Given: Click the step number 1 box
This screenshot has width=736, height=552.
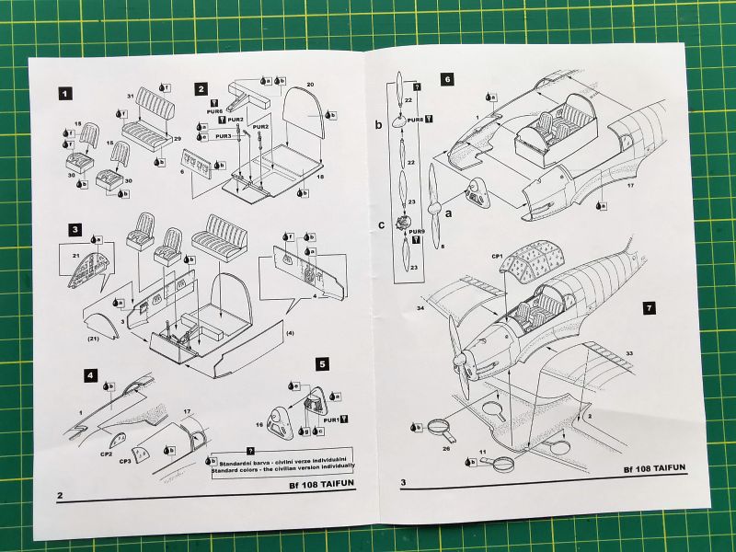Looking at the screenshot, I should pyautogui.click(x=64, y=93).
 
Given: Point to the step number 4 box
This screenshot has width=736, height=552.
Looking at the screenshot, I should pyautogui.click(x=90, y=375).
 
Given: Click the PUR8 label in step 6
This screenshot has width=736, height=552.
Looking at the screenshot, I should pyautogui.click(x=415, y=120).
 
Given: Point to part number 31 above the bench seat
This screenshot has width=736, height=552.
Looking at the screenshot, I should pyautogui.click(x=131, y=95).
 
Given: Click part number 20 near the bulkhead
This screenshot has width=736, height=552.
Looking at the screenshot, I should pyautogui.click(x=311, y=85).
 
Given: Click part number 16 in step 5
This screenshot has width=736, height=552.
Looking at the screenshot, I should pyautogui.click(x=259, y=425).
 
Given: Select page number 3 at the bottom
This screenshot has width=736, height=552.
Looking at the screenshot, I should pyautogui.click(x=404, y=483).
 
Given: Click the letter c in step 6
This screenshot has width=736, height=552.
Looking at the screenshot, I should pyautogui.click(x=380, y=223).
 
